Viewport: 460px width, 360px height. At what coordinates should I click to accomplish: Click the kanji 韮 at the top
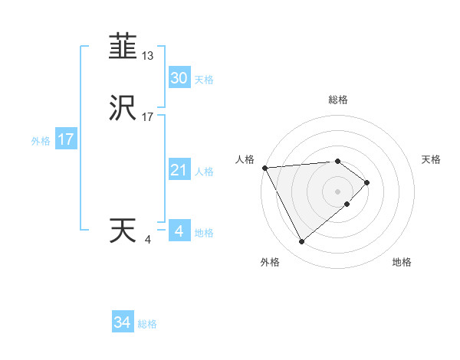[x=123, y=47]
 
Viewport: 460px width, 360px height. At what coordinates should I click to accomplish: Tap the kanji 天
[x=123, y=231]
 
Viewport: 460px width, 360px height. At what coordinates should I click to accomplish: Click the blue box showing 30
[x=179, y=77]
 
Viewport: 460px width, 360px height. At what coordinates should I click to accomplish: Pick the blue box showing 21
[x=179, y=170]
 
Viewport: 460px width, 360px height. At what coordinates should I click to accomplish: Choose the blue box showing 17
[x=65, y=139]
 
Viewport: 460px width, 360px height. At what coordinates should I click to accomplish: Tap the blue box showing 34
[x=123, y=322]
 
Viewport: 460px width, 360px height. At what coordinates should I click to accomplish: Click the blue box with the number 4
[x=179, y=231]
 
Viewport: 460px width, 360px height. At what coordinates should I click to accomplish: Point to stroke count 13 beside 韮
[x=148, y=56]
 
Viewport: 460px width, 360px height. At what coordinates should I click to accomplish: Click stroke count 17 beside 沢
[x=148, y=117]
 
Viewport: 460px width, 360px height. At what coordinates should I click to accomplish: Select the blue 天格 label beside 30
[x=204, y=80]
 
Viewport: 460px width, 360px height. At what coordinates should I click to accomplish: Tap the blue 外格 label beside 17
[x=41, y=141]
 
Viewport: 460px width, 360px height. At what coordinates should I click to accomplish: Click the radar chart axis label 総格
[x=338, y=100]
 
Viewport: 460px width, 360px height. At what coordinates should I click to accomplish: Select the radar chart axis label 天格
[x=432, y=159]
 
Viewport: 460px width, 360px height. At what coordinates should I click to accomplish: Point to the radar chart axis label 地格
[x=402, y=262]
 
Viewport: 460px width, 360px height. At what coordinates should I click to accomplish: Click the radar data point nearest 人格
[x=264, y=168]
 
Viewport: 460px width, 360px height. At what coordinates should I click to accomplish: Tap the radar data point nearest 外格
[x=301, y=242]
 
